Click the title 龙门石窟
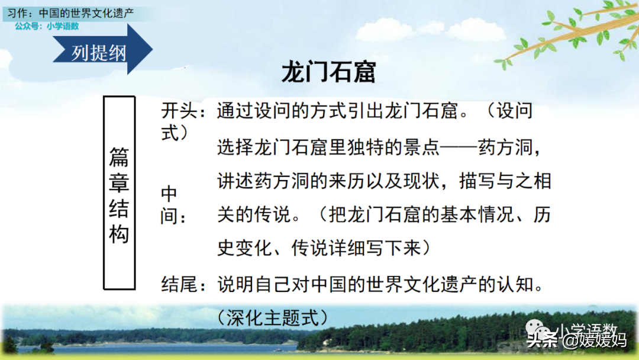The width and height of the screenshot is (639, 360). [328, 72]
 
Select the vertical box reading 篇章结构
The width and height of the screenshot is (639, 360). [119, 193]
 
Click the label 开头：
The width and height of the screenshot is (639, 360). [183, 111]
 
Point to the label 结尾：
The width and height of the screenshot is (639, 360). [183, 285]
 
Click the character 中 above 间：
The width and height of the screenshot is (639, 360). [169, 194]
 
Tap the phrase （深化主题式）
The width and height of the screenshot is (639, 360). [273, 318]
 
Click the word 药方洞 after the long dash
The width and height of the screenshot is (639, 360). [505, 147]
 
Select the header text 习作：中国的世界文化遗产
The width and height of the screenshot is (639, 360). [70, 13]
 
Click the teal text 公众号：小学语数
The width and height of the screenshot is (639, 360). [47, 26]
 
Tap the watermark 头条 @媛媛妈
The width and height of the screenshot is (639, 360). [577, 340]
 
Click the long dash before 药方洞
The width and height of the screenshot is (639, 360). [459, 147]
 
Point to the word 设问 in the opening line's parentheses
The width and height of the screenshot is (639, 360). [514, 111]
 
